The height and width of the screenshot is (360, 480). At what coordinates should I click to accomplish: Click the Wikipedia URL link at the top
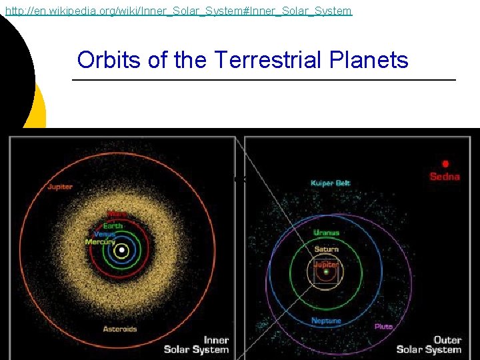(x=178, y=11)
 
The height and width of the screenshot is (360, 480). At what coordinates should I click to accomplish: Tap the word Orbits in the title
(x=109, y=61)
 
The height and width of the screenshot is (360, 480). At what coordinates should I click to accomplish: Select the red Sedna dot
(x=445, y=163)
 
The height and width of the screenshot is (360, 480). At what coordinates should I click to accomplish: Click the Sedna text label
(x=445, y=177)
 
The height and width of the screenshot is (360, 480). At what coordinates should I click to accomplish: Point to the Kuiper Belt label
(x=330, y=183)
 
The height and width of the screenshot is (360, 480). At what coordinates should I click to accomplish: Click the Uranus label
(x=326, y=233)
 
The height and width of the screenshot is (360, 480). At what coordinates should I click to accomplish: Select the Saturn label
(x=326, y=249)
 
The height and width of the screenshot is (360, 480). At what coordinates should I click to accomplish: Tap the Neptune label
(x=326, y=321)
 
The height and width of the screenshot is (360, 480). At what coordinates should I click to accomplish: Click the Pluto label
(x=383, y=327)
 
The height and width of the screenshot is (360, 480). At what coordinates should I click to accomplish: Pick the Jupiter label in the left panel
(x=60, y=187)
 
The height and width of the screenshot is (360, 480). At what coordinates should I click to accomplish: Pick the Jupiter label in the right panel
(x=326, y=264)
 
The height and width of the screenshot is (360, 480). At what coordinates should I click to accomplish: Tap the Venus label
(x=105, y=234)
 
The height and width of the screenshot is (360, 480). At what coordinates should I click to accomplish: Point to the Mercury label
(x=100, y=242)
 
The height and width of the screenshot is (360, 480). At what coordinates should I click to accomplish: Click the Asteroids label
(x=120, y=329)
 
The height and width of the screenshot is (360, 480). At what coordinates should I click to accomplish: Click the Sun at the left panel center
(x=121, y=251)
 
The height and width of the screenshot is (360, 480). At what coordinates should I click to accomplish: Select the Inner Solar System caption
(x=196, y=345)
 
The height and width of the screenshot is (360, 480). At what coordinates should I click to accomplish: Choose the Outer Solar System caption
(x=429, y=345)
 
